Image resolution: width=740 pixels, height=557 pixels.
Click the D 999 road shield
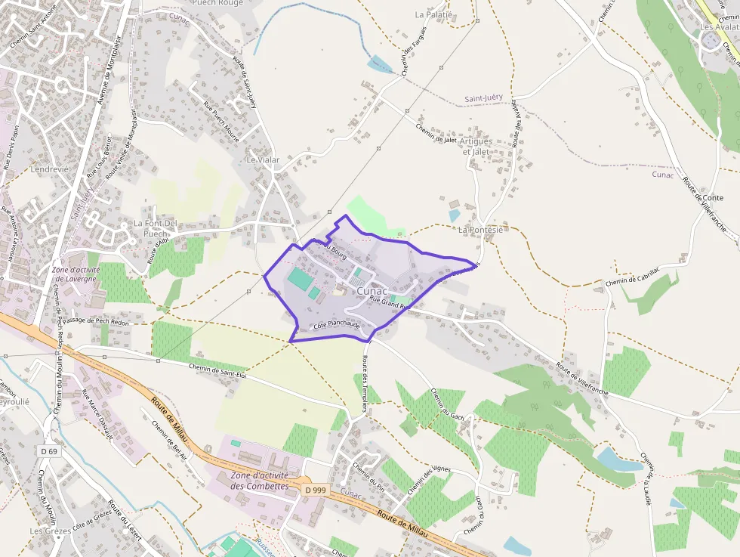click(x=316, y=490)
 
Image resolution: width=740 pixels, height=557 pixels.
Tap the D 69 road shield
click(x=49, y=451)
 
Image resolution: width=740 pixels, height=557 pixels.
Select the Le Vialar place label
click(x=263, y=160)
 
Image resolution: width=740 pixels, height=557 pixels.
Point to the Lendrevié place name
click(x=49, y=170)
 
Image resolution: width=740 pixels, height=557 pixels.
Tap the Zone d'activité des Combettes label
click(x=260, y=481)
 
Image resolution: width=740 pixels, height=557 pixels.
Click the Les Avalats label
click(x=720, y=27)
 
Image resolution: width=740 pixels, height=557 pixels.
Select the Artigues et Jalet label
click(x=476, y=147)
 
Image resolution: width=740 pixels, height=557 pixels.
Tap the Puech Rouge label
click(x=217, y=3)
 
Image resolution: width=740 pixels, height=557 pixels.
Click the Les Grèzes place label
click(x=51, y=531)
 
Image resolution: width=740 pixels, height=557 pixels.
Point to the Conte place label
click(x=713, y=198)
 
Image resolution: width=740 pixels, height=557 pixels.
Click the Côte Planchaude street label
click(x=336, y=324)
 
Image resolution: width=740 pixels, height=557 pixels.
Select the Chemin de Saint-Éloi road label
click(x=218, y=368)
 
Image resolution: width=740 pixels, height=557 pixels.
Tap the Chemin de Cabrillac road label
click(x=632, y=277)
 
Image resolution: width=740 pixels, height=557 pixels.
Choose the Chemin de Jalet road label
click(x=436, y=133)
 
